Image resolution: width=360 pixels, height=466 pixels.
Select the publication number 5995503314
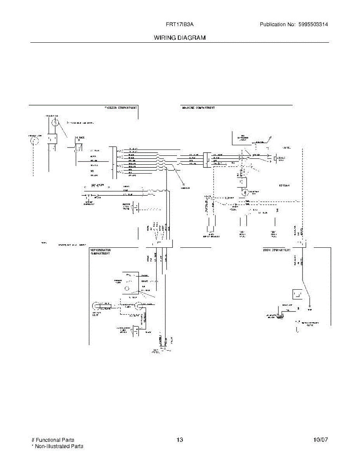pos(313,24)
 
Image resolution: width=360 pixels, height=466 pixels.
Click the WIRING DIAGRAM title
pos(179,38)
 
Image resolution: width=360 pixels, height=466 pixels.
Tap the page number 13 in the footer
pos(179,440)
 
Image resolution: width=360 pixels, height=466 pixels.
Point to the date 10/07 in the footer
pos(320,440)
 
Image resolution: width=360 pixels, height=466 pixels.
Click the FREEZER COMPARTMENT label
pos(121,107)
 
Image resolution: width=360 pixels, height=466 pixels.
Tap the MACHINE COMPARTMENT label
pos(198,107)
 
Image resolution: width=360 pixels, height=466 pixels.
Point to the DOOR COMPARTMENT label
pos(277,250)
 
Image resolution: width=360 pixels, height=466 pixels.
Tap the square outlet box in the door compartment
pos(298,294)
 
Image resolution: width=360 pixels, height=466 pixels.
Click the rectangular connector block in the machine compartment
pos(206,159)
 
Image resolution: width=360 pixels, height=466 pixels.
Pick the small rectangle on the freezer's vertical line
pos(51,139)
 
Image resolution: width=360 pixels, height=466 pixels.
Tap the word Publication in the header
pos(273,24)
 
